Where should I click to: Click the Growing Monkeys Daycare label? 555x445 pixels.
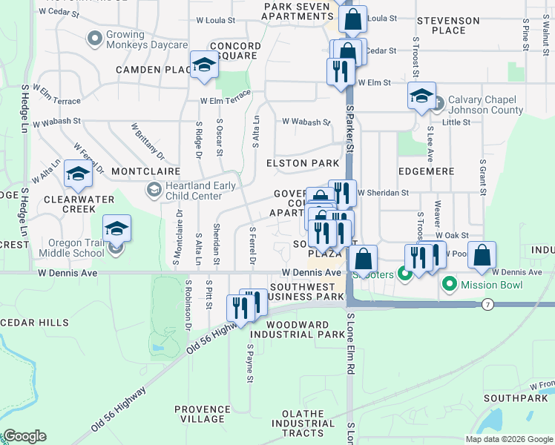click(x=147, y=39)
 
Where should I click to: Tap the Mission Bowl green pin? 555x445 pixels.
click(x=449, y=285)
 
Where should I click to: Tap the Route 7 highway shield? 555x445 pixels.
click(x=487, y=305)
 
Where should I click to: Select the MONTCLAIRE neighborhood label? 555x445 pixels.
click(x=146, y=171)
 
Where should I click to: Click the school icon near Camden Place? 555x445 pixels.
click(x=203, y=65)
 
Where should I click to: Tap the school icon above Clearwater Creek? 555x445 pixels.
click(x=77, y=174)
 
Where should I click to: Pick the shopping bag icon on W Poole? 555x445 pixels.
click(x=482, y=255)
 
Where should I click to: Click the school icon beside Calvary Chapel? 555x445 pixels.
click(x=421, y=96)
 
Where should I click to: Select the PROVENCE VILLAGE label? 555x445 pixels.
click(x=203, y=414)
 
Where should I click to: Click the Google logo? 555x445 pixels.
click(x=25, y=436)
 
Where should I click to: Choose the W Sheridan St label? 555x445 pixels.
click(x=383, y=193)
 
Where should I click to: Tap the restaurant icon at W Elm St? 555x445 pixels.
click(x=338, y=72)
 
